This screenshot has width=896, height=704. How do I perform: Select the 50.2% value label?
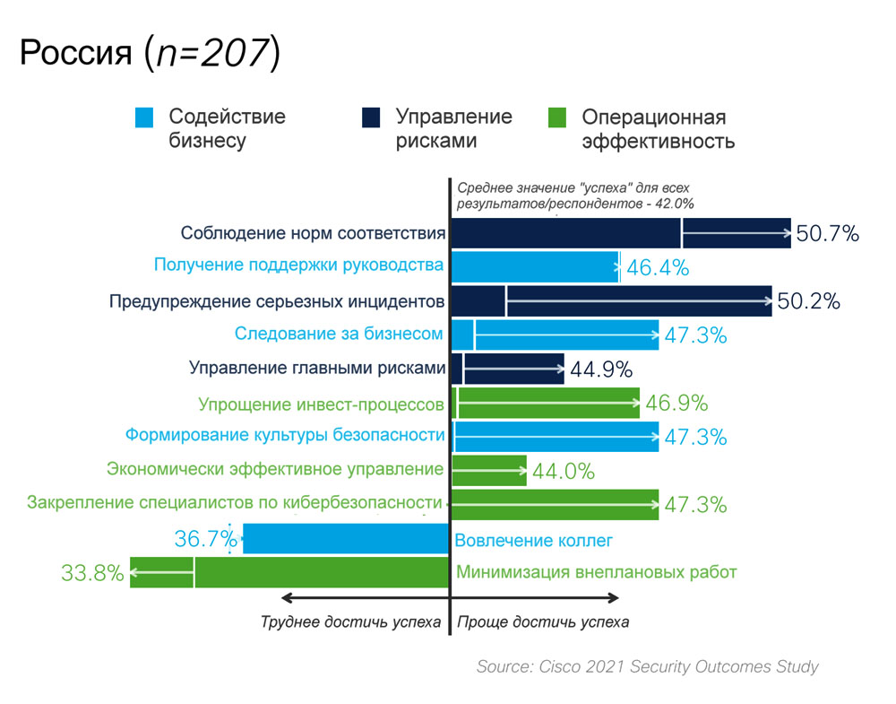point(808,301)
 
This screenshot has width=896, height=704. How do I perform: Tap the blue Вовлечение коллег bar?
point(346,539)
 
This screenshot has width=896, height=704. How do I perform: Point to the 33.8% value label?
point(92,572)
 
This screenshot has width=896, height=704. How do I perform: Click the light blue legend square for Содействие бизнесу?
point(145,117)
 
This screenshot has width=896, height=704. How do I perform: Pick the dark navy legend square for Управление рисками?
point(371,117)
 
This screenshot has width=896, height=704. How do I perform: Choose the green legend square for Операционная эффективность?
point(556,117)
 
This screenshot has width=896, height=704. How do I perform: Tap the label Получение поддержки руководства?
point(299,265)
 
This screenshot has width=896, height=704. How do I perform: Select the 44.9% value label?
point(601,369)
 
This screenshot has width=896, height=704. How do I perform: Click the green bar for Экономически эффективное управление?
point(489,470)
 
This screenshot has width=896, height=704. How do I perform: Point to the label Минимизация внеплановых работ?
point(597,572)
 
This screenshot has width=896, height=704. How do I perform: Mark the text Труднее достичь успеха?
point(351,621)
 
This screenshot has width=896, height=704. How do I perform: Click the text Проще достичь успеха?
point(544,621)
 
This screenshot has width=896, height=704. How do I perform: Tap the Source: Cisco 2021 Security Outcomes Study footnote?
point(647,666)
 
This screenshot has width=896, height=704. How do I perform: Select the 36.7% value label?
point(206,539)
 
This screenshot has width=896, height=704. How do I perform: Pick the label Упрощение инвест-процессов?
point(321,404)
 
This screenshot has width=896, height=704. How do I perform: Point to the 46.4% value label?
point(657,267)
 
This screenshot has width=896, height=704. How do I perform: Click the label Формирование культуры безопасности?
point(285,436)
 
